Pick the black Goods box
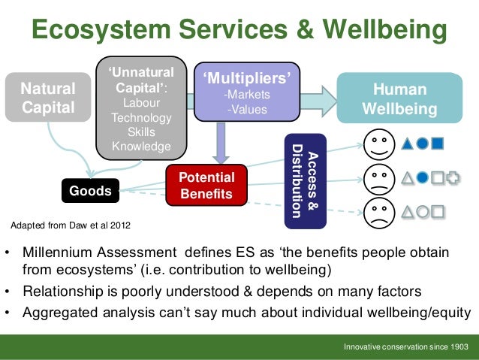(x=89, y=191)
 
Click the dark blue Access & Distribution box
(x=306, y=180)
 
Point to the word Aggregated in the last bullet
(x=61, y=313)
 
